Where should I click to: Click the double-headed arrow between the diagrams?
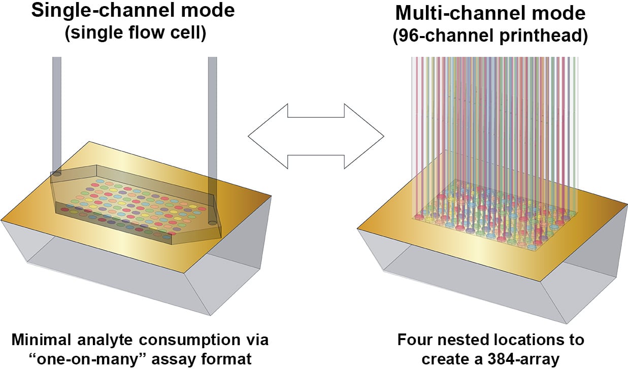pos(316,136)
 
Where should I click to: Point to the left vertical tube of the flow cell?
pos(57,112)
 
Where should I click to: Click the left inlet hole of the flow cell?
pos(57,174)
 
